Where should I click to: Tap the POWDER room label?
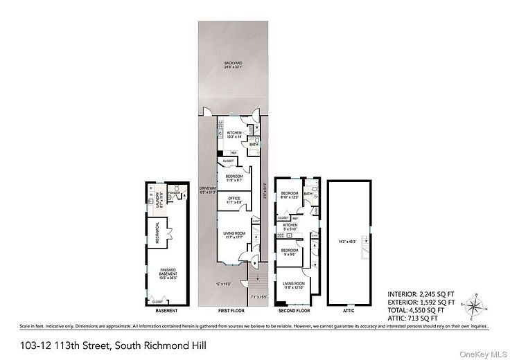[x=173, y=193]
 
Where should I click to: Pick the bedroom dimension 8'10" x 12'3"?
[x=290, y=197]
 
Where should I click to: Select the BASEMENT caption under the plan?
[x=166, y=312]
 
